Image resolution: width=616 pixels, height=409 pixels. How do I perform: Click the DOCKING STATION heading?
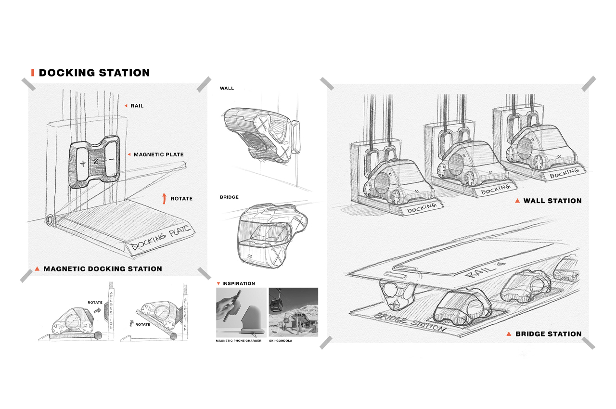(94, 73)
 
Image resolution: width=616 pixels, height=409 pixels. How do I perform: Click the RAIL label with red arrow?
(137, 105)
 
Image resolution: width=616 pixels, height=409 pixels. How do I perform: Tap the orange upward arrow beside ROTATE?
(164, 198)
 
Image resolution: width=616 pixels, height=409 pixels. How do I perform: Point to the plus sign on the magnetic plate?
(83, 164)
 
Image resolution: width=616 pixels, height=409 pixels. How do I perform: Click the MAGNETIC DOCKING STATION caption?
(103, 269)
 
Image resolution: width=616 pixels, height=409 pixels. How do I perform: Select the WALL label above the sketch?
(227, 89)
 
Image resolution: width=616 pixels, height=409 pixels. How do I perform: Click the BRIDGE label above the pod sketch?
(229, 197)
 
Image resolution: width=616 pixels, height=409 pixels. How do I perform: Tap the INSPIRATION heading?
(239, 283)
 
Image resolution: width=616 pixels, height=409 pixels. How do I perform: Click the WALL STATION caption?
(552, 201)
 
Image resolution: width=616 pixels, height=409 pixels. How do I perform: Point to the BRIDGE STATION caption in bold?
(548, 334)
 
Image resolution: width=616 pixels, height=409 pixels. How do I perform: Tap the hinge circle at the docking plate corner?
(50, 220)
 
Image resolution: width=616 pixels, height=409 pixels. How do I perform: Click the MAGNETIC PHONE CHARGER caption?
(239, 340)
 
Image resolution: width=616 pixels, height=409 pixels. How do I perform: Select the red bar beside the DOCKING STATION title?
(32, 73)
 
